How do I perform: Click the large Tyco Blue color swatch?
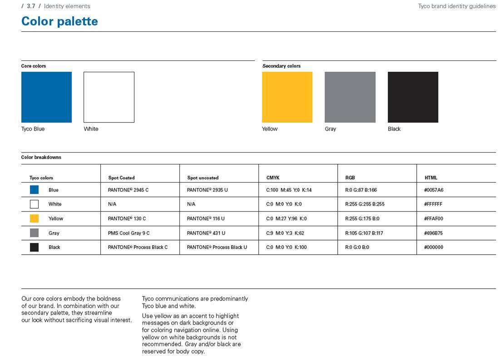tap(46, 97)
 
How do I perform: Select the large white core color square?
tap(109, 97)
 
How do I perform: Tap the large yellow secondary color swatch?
tap(287, 97)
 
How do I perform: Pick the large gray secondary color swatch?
tap(350, 97)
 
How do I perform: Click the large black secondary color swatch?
tap(413, 97)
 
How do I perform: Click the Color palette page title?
tap(59, 21)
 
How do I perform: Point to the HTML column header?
tap(431, 178)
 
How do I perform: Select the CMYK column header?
tap(273, 178)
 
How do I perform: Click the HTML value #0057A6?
tap(434, 190)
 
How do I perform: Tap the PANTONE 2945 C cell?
tap(128, 190)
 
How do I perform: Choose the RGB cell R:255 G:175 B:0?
tap(362, 218)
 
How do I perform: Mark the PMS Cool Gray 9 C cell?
tap(128, 233)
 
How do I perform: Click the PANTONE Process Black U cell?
tap(217, 247)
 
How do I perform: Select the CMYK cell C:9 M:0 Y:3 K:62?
tap(285, 233)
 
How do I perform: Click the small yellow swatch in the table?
tap(34, 218)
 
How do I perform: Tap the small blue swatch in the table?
tap(34, 190)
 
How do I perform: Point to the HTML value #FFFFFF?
tap(433, 204)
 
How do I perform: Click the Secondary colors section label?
tap(281, 66)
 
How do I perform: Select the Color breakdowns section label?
tap(41, 158)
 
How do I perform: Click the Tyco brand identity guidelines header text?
tap(457, 6)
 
